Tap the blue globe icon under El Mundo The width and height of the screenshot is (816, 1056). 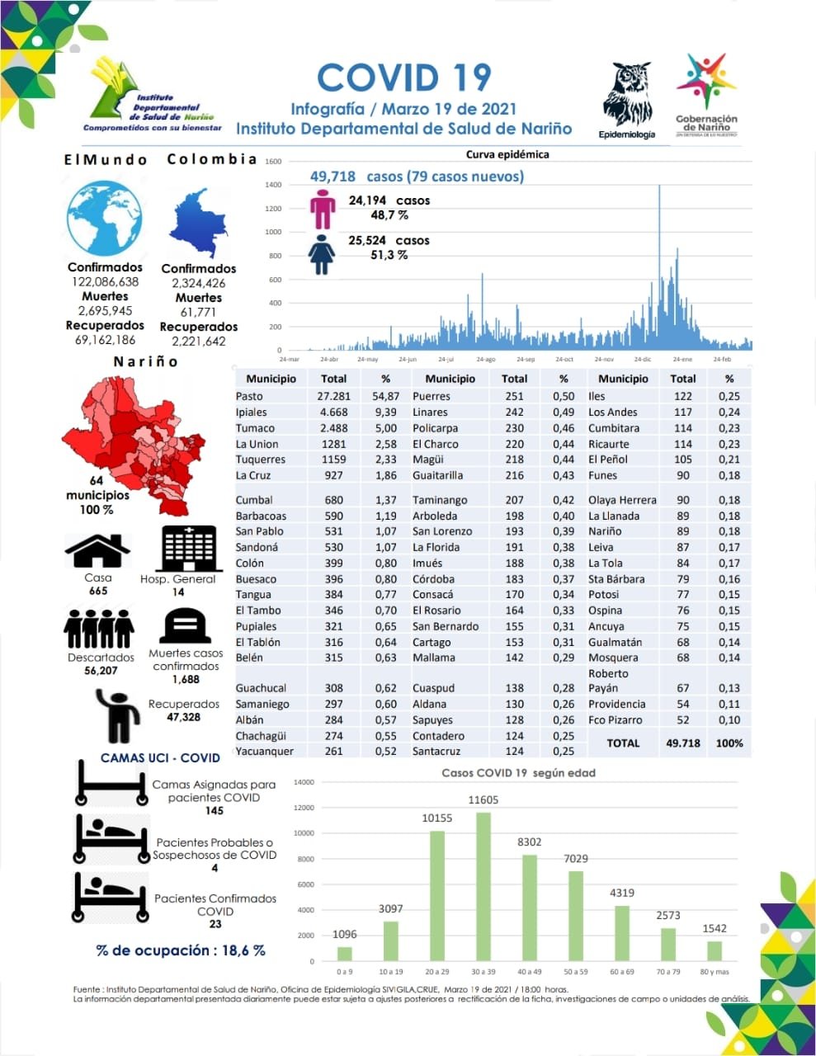pos(105,219)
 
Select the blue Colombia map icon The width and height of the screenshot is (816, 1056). pos(199,224)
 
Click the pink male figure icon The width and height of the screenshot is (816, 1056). pos(323,210)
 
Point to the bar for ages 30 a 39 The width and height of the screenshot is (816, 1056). pos(483,886)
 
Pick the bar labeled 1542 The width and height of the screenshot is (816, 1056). pos(715,950)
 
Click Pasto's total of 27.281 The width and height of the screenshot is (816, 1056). pos(333,396)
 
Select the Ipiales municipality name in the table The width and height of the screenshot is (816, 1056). pos(252,412)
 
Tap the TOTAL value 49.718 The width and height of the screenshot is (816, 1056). pos(682,742)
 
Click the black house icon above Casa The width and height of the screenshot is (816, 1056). pos(97,550)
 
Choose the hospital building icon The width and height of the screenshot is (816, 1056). pos(189,548)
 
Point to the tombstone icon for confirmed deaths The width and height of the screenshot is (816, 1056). pos(185,626)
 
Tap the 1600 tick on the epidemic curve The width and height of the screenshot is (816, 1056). pos(274,162)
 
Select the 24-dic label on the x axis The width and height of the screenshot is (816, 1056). pos(643,360)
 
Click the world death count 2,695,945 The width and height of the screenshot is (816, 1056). pos(105,311)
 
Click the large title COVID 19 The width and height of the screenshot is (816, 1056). pos(403,78)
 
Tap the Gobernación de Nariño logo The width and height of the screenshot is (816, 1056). pos(706,95)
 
